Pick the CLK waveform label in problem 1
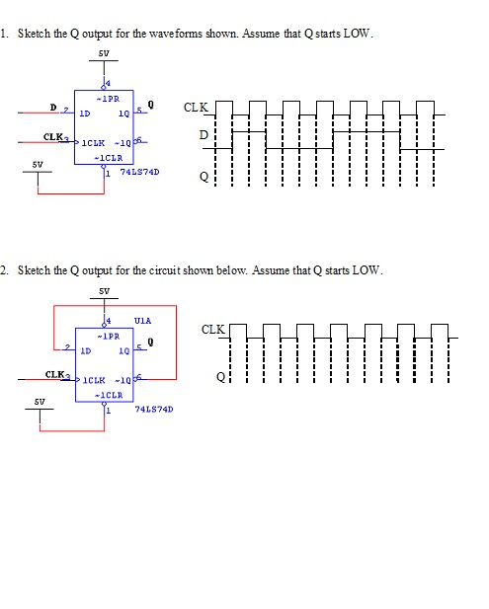click(197, 106)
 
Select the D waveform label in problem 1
click(204, 133)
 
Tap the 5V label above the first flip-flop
click(103, 53)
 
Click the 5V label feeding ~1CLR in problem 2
click(39, 402)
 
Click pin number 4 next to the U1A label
click(109, 322)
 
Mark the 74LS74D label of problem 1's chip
click(139, 171)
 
